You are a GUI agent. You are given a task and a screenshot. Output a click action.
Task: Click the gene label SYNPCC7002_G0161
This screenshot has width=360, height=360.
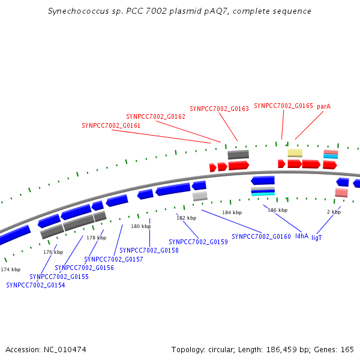[x=111, y=125]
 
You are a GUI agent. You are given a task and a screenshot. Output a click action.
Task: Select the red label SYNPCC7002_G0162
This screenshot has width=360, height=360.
[x=155, y=116]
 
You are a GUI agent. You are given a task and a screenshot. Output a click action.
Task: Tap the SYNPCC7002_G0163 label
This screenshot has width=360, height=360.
[x=219, y=109]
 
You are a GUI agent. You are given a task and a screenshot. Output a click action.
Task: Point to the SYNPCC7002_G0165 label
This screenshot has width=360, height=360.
[x=283, y=106]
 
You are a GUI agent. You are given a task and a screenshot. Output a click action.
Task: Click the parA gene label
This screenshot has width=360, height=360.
[x=324, y=107]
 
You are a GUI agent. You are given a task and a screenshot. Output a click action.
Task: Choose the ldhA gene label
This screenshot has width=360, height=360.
[x=302, y=236]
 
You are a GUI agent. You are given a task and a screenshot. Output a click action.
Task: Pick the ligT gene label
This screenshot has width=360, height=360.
[x=317, y=238]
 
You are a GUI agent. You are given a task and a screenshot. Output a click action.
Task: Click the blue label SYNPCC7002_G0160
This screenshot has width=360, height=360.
[x=261, y=236]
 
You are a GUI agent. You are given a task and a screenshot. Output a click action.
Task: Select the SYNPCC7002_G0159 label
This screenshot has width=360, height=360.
[x=198, y=242]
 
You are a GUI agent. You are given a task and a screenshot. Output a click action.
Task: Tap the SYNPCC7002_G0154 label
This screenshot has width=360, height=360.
[x=35, y=285]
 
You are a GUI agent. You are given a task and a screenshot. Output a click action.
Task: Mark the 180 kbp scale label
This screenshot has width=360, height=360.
[x=141, y=226]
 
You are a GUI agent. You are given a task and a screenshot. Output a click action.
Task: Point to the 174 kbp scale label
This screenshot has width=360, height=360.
[x=11, y=269]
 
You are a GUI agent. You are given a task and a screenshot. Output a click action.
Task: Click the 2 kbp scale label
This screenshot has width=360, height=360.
[x=334, y=212]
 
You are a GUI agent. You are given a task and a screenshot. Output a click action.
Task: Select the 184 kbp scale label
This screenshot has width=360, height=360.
[x=232, y=212]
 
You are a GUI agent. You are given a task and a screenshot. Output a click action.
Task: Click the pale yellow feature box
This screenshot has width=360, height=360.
[x=295, y=153]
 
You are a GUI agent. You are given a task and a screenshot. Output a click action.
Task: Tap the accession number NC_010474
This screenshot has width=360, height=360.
[x=65, y=350]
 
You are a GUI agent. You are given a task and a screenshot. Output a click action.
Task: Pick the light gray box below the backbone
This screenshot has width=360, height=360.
[x=200, y=196]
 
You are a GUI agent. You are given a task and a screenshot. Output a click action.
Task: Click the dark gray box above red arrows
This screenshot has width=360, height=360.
[x=238, y=155]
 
